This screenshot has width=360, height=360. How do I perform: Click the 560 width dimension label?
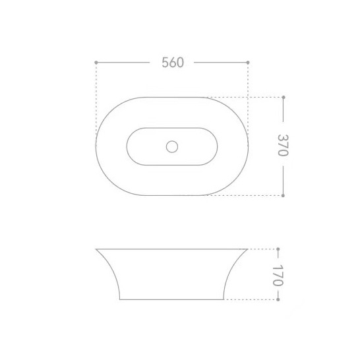(x=173, y=63)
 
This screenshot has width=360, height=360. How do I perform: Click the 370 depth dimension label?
(x=283, y=145)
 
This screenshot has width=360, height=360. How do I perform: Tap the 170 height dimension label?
(x=278, y=276)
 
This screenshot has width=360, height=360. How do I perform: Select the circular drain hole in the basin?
(x=172, y=146)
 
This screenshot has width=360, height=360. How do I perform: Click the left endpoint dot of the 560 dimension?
(x=96, y=63)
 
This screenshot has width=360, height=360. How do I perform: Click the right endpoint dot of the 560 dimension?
(x=248, y=63)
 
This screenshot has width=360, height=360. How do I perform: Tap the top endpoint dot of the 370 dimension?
(x=284, y=98)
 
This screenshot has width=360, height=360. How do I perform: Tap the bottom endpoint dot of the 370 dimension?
(x=283, y=195)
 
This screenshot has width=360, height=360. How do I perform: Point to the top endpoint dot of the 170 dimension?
(x=278, y=249)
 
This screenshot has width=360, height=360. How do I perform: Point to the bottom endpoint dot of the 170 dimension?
(x=278, y=299)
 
